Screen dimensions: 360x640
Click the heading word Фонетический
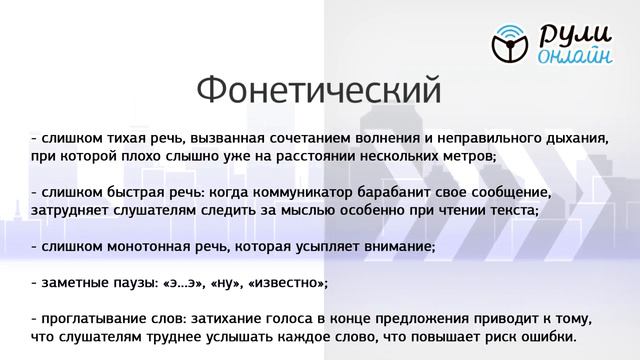point(318,90)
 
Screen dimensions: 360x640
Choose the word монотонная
point(137,245)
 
